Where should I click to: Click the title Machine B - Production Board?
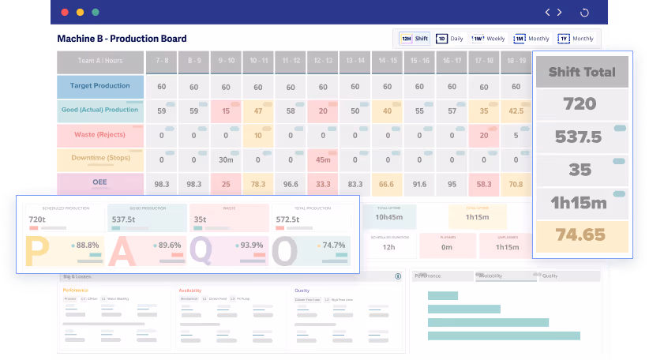[122, 39]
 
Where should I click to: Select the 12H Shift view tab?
[414, 39]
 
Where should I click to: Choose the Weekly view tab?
[488, 39]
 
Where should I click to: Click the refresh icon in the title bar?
[584, 13]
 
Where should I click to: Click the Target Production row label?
[99, 87]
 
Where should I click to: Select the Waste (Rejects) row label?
[99, 135]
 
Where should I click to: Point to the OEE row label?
[99, 184]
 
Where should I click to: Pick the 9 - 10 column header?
[226, 61]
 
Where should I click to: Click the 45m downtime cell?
[322, 160]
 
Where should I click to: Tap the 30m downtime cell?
[226, 160]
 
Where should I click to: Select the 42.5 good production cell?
[516, 111]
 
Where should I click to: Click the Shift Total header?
[582, 73]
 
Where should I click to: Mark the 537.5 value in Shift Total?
[582, 137]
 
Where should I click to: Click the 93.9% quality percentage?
[251, 245]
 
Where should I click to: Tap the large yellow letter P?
[37, 251]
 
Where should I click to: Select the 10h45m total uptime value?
[390, 217]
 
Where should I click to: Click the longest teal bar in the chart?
[504, 336]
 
